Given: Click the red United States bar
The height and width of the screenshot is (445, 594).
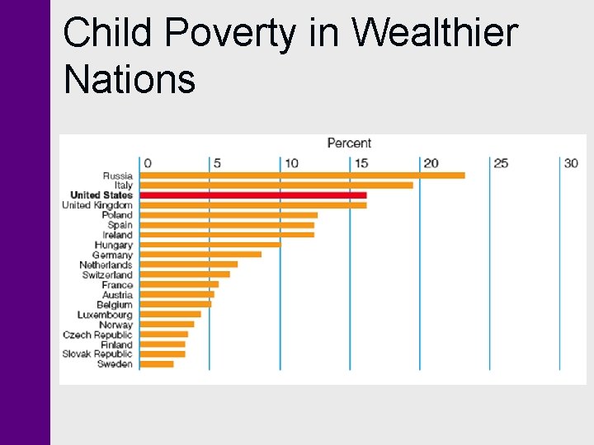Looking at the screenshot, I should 252,195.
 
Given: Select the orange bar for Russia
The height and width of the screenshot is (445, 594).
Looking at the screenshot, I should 302,176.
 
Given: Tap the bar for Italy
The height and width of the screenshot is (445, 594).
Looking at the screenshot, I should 276,185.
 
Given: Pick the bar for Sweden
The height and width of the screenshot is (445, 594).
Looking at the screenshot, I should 156,363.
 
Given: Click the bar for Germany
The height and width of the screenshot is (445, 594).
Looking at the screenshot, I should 200,255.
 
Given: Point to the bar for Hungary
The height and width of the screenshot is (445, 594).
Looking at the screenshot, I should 210,245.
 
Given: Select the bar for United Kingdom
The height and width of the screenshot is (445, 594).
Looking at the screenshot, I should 252,205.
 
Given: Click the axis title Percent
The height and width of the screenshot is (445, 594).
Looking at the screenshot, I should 349,143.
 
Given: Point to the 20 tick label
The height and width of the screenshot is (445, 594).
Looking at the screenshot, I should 431,163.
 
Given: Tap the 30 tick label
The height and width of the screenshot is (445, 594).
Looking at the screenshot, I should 571,163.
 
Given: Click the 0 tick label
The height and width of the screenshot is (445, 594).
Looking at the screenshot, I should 146,163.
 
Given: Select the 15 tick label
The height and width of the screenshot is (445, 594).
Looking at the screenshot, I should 361,163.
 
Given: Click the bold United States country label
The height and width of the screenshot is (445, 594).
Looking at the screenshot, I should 101,195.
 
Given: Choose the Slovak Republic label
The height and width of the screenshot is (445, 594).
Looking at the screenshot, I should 97,354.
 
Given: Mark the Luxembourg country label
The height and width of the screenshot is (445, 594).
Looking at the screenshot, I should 105,315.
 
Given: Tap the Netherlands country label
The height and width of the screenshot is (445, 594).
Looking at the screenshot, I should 106,265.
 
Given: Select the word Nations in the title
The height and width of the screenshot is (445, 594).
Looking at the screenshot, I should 129,79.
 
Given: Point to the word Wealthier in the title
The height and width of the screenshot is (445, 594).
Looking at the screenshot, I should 435,34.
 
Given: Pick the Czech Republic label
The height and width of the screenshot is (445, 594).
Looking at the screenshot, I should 97,335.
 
